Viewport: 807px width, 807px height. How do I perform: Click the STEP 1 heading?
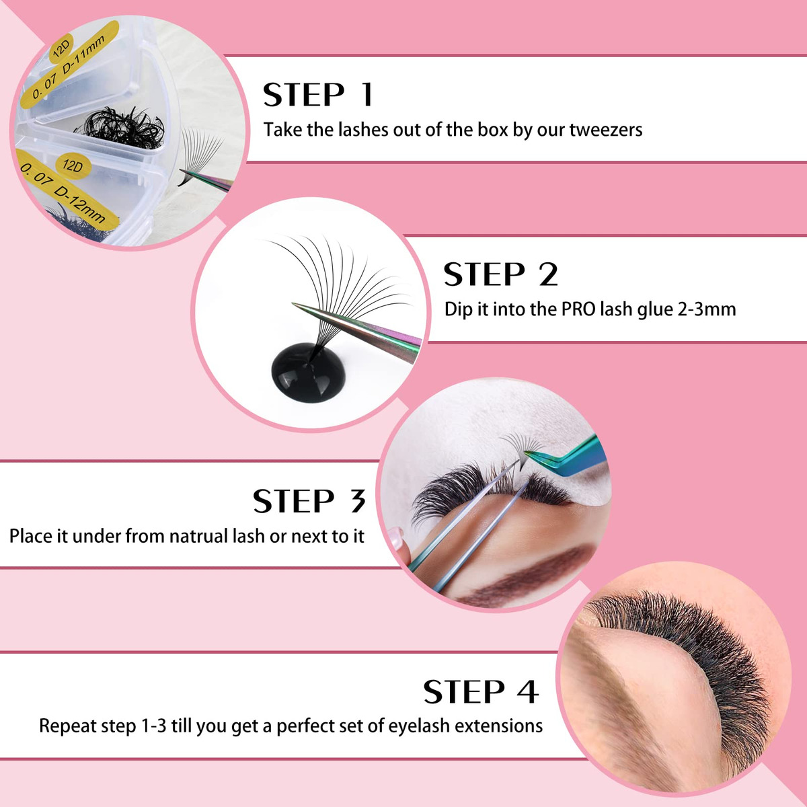318,95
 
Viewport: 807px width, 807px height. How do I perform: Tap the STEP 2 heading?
501,274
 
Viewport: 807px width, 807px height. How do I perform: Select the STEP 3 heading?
309,500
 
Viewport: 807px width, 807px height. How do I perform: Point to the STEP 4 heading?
481,691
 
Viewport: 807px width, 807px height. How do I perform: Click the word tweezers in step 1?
605,130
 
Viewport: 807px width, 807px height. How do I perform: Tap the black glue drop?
308,372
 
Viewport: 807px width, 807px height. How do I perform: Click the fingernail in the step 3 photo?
395,538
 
